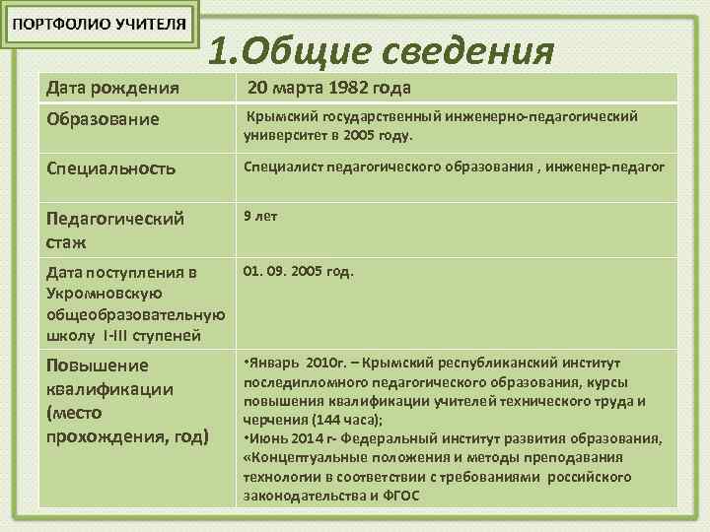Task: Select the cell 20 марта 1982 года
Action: point(328,89)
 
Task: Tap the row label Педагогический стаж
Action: point(115,228)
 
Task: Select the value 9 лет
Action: point(260,216)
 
